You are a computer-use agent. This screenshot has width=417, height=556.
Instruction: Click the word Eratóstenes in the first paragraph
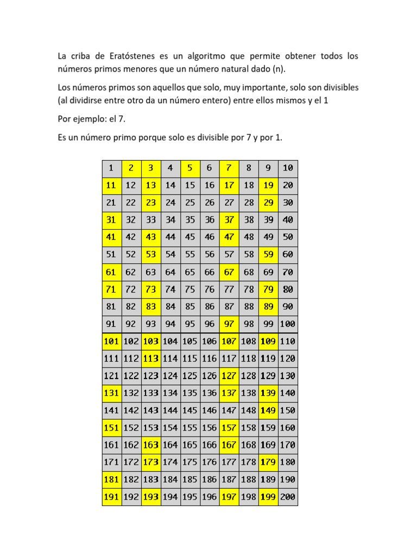[x=121, y=56]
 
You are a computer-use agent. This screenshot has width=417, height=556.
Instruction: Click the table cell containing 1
[x=111, y=168]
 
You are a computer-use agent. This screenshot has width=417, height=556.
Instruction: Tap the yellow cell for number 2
[x=131, y=168]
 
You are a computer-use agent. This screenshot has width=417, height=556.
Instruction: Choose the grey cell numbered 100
[x=288, y=324]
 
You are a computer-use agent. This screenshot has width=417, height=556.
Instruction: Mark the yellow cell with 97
[x=229, y=324]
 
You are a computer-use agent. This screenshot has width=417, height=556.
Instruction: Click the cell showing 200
[x=288, y=496]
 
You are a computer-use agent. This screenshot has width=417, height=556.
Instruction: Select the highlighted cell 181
[x=111, y=479]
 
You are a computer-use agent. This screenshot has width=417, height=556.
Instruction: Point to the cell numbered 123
[x=150, y=376]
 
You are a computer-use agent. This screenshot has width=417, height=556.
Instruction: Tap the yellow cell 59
[x=268, y=255]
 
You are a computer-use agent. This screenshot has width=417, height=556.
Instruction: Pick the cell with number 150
[x=288, y=410]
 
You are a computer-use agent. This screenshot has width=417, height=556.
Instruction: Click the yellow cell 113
[x=150, y=358]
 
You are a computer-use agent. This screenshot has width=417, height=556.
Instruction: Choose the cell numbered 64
[x=170, y=272]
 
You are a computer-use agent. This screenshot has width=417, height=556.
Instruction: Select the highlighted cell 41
[x=111, y=237]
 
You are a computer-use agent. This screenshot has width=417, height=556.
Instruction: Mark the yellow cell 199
[x=268, y=496]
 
